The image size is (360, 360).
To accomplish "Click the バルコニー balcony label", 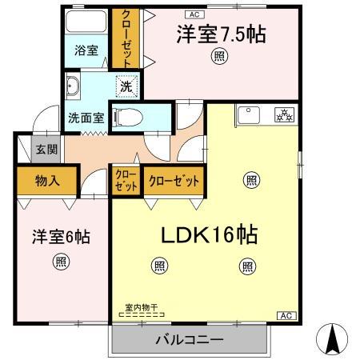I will pos(189,340).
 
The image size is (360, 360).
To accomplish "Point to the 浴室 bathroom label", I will pos(87,50).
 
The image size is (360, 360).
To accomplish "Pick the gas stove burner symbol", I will pos(284,114).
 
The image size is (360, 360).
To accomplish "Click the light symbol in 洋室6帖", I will pos(61,260).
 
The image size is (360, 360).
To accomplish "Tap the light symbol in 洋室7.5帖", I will pos(219,55).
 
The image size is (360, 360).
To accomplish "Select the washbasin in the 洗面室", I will pos(74,83).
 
